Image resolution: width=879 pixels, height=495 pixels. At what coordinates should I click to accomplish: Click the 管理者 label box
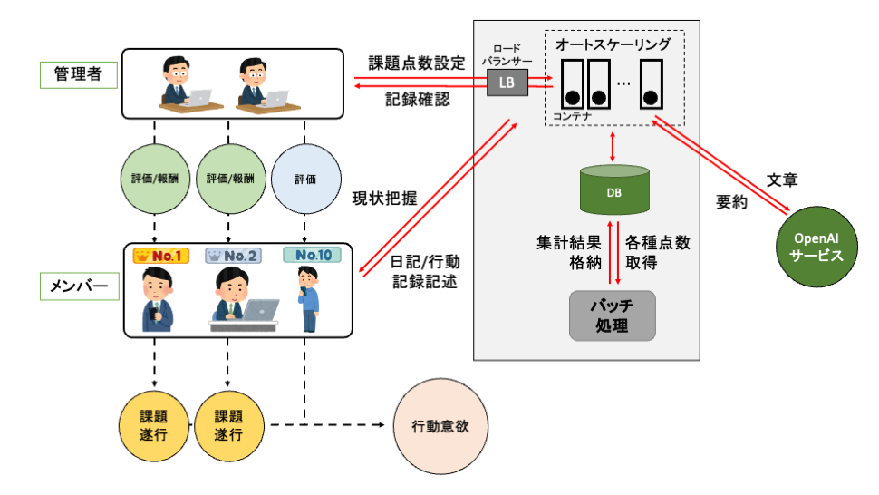tap(79, 74)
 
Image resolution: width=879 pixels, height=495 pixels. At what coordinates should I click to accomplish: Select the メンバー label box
tap(79, 287)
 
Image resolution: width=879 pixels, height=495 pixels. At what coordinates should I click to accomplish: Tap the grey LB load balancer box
tap(506, 83)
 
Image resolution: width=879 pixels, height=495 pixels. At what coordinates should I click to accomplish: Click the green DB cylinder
tap(613, 190)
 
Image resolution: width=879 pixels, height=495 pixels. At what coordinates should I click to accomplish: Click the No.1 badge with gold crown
tap(159, 257)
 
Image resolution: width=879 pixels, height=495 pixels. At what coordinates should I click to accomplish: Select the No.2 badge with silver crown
tap(234, 257)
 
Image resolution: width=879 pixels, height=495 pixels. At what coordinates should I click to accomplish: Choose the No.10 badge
tap(310, 257)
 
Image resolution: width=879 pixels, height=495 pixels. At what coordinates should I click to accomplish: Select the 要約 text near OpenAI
tap(731, 203)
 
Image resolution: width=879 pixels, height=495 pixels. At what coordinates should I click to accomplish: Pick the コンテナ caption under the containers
tap(572, 116)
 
